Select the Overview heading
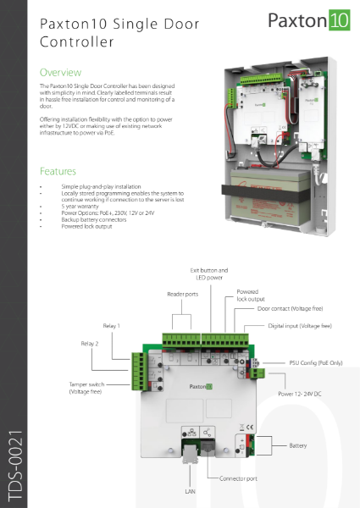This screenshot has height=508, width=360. pyautogui.click(x=61, y=72)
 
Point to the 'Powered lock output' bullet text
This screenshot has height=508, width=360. pyautogui.click(x=86, y=226)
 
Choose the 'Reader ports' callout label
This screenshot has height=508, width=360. pyautogui.click(x=181, y=295)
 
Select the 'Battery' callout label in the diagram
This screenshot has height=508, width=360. pyautogui.click(x=298, y=444)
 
